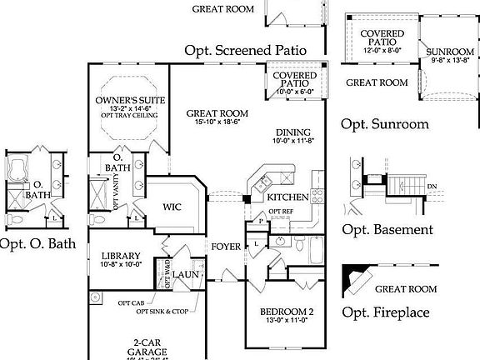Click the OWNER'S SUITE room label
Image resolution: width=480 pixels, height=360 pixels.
point(128,100)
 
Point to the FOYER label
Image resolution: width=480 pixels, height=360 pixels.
point(226,246)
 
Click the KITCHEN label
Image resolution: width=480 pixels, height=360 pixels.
point(287,197)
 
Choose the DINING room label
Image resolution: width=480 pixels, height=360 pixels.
point(292,132)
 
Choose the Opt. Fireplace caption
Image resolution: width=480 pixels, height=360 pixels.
point(387,312)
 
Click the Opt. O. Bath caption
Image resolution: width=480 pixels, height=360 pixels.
point(39,245)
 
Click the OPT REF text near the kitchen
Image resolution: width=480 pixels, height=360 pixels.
point(281,212)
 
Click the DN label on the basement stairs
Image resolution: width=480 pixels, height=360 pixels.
point(432,186)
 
